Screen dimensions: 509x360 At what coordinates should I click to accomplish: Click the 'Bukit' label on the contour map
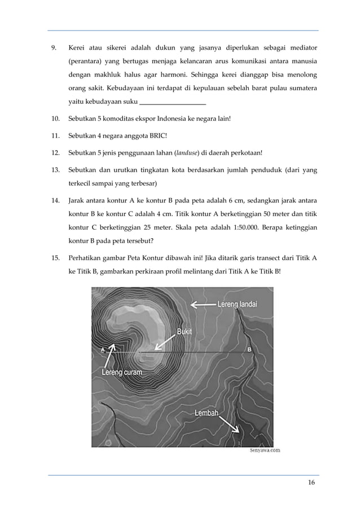pos(184,332)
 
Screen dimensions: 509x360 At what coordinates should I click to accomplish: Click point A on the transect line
pos(103,350)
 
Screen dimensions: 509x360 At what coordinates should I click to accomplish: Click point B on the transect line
pos(249,350)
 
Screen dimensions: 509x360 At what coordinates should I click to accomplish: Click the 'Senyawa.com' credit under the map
pos(265,450)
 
